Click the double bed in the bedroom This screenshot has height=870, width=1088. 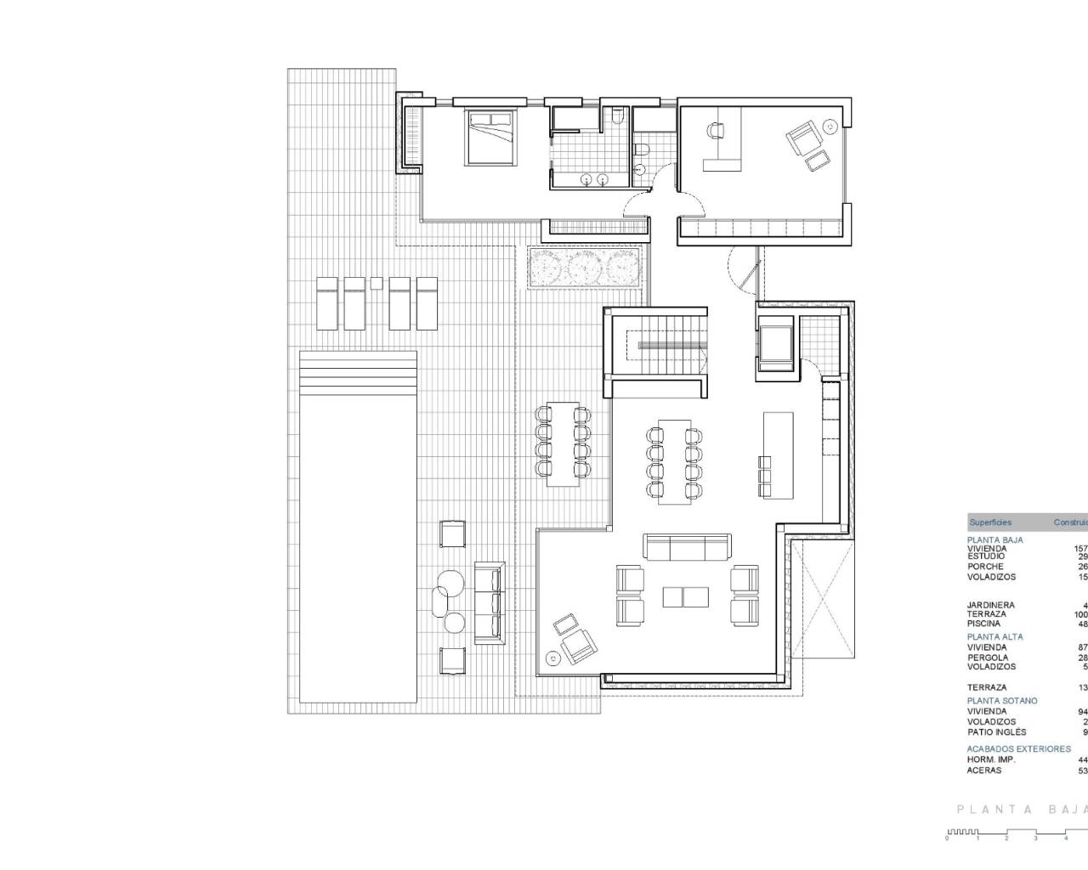pos(489,137)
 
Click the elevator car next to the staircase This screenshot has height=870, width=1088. pos(774,344)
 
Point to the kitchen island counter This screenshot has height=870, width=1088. pos(778,455)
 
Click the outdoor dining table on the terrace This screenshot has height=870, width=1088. pos(562,443)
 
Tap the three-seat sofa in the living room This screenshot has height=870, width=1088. pos(687,547)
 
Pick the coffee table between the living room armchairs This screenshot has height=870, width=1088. pos(686,596)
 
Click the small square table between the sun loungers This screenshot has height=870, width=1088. pos(377,283)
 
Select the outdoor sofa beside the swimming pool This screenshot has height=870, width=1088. pos(490,602)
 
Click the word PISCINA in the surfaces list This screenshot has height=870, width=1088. pos(983,624)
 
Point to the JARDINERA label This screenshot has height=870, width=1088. pos(990,605)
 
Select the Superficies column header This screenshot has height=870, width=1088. pos(990,523)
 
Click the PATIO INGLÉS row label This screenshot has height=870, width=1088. pos(996,732)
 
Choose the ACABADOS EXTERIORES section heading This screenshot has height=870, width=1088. pos(1018,749)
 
